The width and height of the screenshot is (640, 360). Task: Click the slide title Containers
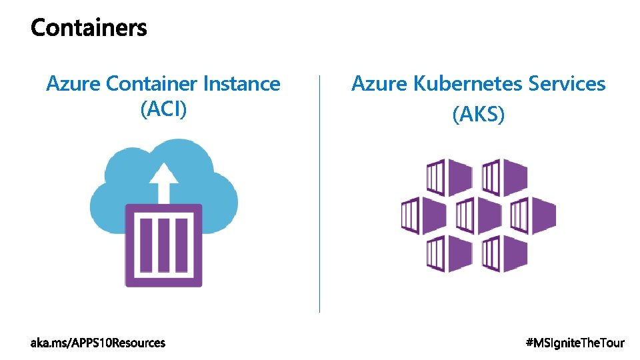(89, 28)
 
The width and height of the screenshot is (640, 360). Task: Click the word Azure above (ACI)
(73, 84)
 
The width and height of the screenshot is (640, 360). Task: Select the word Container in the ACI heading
(151, 84)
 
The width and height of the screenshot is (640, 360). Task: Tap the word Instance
(241, 84)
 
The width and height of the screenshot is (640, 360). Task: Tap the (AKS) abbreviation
(479, 114)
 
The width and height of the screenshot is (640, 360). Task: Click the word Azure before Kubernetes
(379, 84)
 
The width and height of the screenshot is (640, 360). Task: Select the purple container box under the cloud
(163, 245)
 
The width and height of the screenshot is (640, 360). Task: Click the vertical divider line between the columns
(320, 193)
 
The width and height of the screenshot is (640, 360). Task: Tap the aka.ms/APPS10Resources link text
(98, 343)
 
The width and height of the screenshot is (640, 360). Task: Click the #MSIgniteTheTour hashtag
(575, 343)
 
